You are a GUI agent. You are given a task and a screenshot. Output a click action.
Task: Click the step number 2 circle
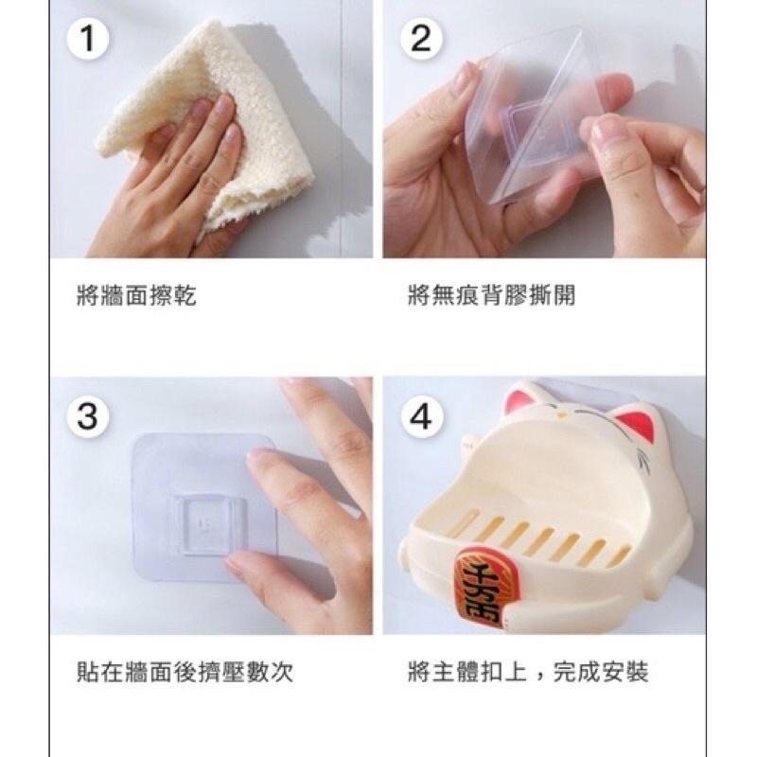tap(422, 39)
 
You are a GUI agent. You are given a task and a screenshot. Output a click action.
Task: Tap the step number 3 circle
tap(88, 416)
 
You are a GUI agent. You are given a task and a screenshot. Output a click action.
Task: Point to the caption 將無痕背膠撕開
tap(491, 296)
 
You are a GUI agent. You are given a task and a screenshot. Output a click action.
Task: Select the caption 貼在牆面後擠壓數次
tap(185, 673)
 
